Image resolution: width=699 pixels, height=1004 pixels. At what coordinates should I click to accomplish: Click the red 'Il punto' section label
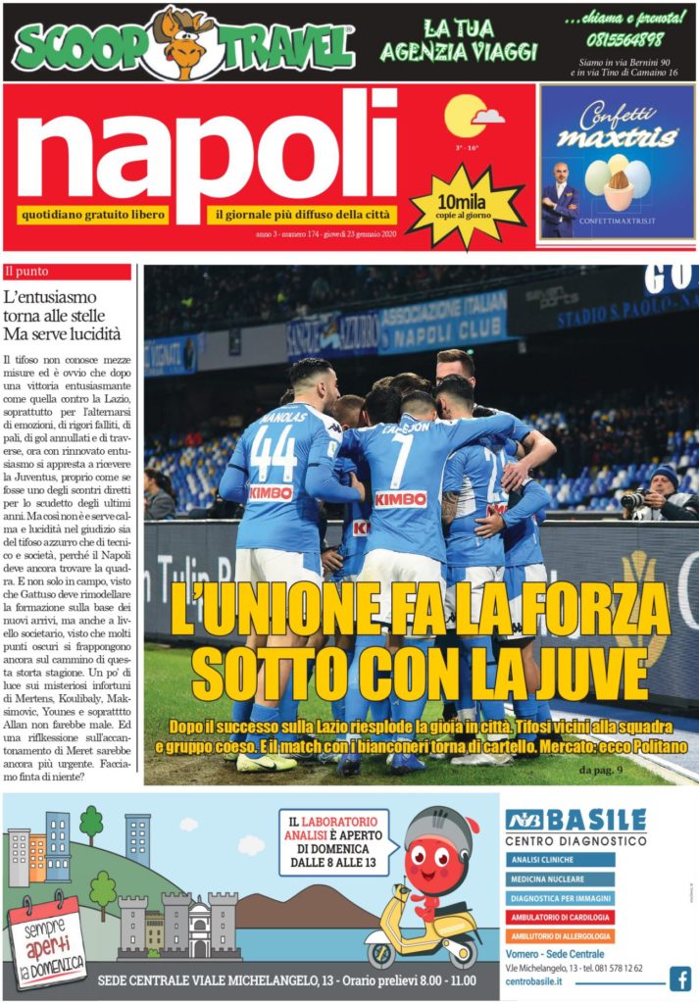click(x=68, y=272)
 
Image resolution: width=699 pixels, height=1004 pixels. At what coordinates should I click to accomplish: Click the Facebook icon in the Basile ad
click(x=680, y=978)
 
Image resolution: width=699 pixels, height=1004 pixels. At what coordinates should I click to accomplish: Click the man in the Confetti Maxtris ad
click(x=561, y=197)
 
